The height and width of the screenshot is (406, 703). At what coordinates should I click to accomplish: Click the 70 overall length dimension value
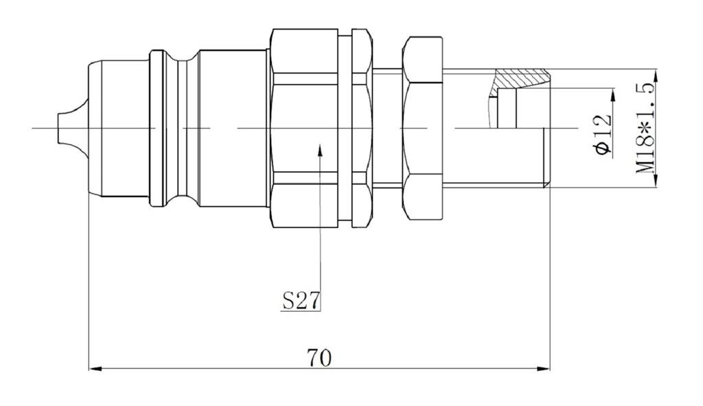pyautogui.click(x=320, y=358)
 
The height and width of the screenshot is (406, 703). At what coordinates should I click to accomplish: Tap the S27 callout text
pyautogui.click(x=301, y=300)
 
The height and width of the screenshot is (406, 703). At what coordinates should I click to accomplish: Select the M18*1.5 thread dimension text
pyautogui.click(x=645, y=128)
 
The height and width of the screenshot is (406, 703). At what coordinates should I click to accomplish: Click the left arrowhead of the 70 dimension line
pyautogui.click(x=93, y=369)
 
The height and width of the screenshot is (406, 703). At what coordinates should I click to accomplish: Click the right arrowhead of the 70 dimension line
pyautogui.click(x=544, y=369)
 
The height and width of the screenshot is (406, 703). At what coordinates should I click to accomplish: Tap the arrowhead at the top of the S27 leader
pyautogui.click(x=320, y=149)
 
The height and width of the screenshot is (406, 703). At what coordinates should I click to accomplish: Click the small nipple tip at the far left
pyautogui.click(x=66, y=128)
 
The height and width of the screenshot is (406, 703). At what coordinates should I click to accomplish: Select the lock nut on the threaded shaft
pyautogui.click(x=423, y=128)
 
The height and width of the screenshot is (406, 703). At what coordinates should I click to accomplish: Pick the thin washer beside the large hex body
pyautogui.click(x=361, y=128)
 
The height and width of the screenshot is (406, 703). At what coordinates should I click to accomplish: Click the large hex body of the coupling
pyautogui.click(x=304, y=128)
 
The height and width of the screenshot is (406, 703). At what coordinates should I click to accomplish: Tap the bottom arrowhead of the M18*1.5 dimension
pyautogui.click(x=656, y=181)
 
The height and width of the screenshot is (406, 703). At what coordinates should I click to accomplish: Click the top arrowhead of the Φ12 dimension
pyautogui.click(x=612, y=93)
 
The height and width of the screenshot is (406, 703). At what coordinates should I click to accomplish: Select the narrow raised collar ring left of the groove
pyautogui.click(x=156, y=128)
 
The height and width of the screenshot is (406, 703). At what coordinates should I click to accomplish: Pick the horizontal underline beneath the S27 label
pyautogui.click(x=301, y=311)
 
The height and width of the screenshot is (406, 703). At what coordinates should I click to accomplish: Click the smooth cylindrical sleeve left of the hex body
pyautogui.click(x=233, y=128)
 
